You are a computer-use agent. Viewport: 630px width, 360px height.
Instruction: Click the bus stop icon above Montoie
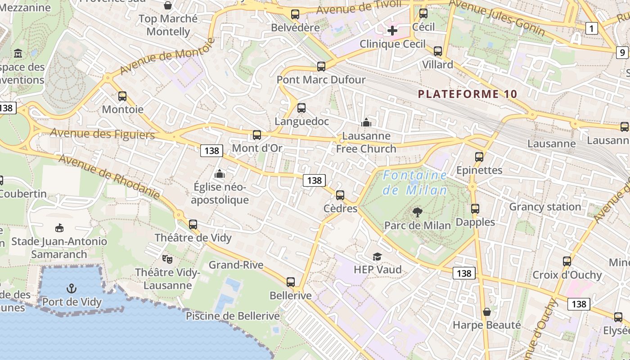[x=122, y=96]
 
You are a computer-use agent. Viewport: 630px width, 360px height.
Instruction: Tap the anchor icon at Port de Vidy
[x=71, y=288]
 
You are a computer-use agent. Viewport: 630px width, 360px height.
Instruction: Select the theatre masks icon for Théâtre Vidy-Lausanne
[x=167, y=259]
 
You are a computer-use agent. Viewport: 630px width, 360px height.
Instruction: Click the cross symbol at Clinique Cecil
[x=392, y=31]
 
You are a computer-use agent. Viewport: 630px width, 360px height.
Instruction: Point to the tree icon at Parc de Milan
[x=418, y=212]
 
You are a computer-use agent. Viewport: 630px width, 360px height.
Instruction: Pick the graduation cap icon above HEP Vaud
[x=377, y=256]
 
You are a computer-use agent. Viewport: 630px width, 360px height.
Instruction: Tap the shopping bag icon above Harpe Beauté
[x=486, y=311]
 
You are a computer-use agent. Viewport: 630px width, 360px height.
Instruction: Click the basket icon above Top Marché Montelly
[x=168, y=5]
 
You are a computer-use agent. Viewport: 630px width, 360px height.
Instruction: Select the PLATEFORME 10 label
[x=468, y=94]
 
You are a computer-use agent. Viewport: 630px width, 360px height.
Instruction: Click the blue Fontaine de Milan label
[x=415, y=183]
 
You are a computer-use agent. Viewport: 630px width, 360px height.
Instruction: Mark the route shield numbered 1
[x=592, y=29]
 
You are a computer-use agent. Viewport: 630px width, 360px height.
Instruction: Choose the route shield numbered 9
[x=622, y=53]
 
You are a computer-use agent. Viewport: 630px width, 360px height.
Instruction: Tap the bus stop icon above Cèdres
[x=340, y=195]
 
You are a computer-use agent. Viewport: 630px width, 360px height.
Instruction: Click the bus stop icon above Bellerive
[x=291, y=282]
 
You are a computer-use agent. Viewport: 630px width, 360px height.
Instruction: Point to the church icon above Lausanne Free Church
[x=366, y=122]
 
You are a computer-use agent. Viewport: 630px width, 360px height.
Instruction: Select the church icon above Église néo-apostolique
[x=220, y=173]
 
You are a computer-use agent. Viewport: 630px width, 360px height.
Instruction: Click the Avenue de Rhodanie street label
[x=109, y=177]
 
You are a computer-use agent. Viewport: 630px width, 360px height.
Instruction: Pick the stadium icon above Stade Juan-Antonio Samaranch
[x=59, y=228]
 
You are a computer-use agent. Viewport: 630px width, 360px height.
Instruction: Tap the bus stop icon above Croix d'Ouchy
[x=567, y=261]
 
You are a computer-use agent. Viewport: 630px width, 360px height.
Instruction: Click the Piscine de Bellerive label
[x=233, y=316]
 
